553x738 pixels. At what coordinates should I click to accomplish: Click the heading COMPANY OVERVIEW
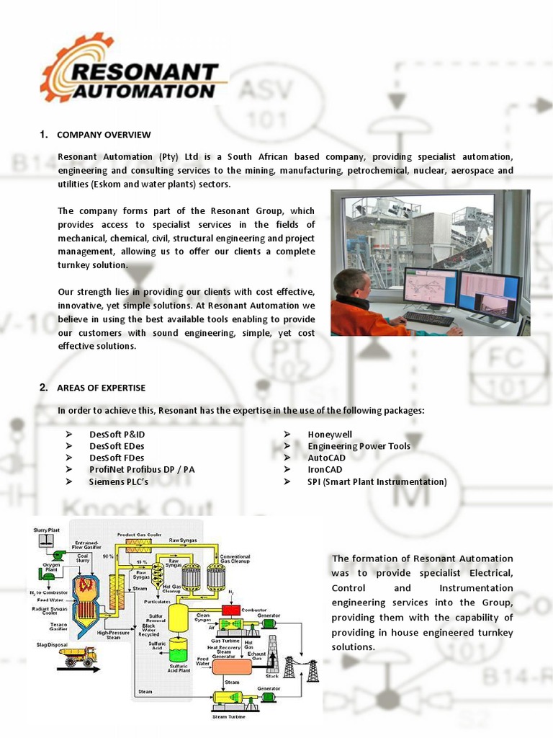[x=104, y=135]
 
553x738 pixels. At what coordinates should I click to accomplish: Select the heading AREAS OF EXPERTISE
[x=101, y=388]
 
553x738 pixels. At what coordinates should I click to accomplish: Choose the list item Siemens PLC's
[x=118, y=481]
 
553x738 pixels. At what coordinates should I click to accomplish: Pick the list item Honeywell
[x=330, y=435]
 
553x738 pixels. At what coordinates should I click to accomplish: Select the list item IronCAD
[x=325, y=470]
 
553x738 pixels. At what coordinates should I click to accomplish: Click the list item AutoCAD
[x=326, y=458]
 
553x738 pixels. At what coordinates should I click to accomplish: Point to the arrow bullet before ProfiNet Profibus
[x=70, y=470]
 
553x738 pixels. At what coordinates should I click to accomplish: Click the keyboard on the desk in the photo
[x=428, y=318]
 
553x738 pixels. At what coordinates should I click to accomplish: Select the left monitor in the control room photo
[x=429, y=288]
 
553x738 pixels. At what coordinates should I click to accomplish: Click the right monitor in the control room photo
[x=490, y=295]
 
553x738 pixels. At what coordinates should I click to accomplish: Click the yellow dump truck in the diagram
[x=77, y=656]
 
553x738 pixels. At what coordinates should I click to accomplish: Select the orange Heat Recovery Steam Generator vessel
[x=231, y=666]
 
